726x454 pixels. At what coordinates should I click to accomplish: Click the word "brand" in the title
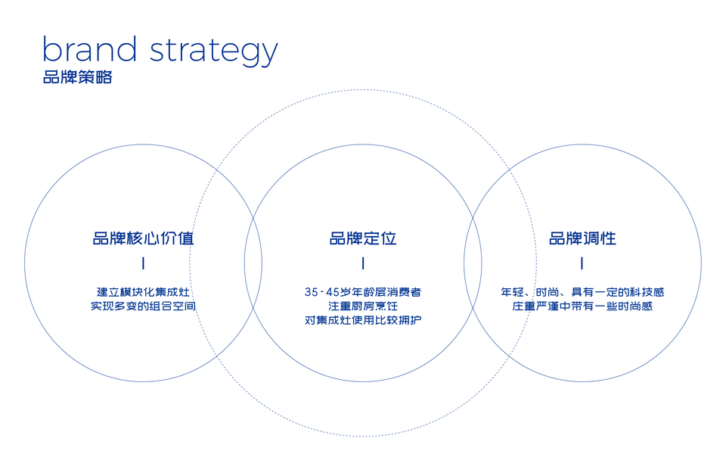(x=89, y=50)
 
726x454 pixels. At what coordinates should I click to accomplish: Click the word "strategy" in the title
(x=214, y=51)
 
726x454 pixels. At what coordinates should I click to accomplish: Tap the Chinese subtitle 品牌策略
(x=77, y=77)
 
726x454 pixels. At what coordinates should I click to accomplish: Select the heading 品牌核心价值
(x=143, y=238)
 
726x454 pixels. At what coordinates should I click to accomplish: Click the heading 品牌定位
(x=363, y=238)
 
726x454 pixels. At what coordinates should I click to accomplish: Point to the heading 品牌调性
(x=582, y=238)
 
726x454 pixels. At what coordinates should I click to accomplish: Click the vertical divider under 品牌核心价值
(x=143, y=264)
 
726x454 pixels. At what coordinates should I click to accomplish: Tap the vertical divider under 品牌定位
(x=363, y=264)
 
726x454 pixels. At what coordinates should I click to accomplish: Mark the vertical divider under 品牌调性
(x=582, y=264)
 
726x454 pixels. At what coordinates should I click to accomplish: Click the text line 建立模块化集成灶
(x=143, y=291)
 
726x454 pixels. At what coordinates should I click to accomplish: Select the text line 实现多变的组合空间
(x=143, y=306)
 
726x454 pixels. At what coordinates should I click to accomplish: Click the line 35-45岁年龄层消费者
(x=363, y=291)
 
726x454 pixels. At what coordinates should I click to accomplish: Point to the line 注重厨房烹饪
(x=363, y=306)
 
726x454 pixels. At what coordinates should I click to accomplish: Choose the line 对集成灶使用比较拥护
(x=363, y=321)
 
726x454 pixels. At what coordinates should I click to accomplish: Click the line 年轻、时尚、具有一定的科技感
(x=582, y=291)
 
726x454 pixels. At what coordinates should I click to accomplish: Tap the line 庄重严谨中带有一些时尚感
(x=582, y=306)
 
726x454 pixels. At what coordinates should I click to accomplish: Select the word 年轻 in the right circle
(x=511, y=291)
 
